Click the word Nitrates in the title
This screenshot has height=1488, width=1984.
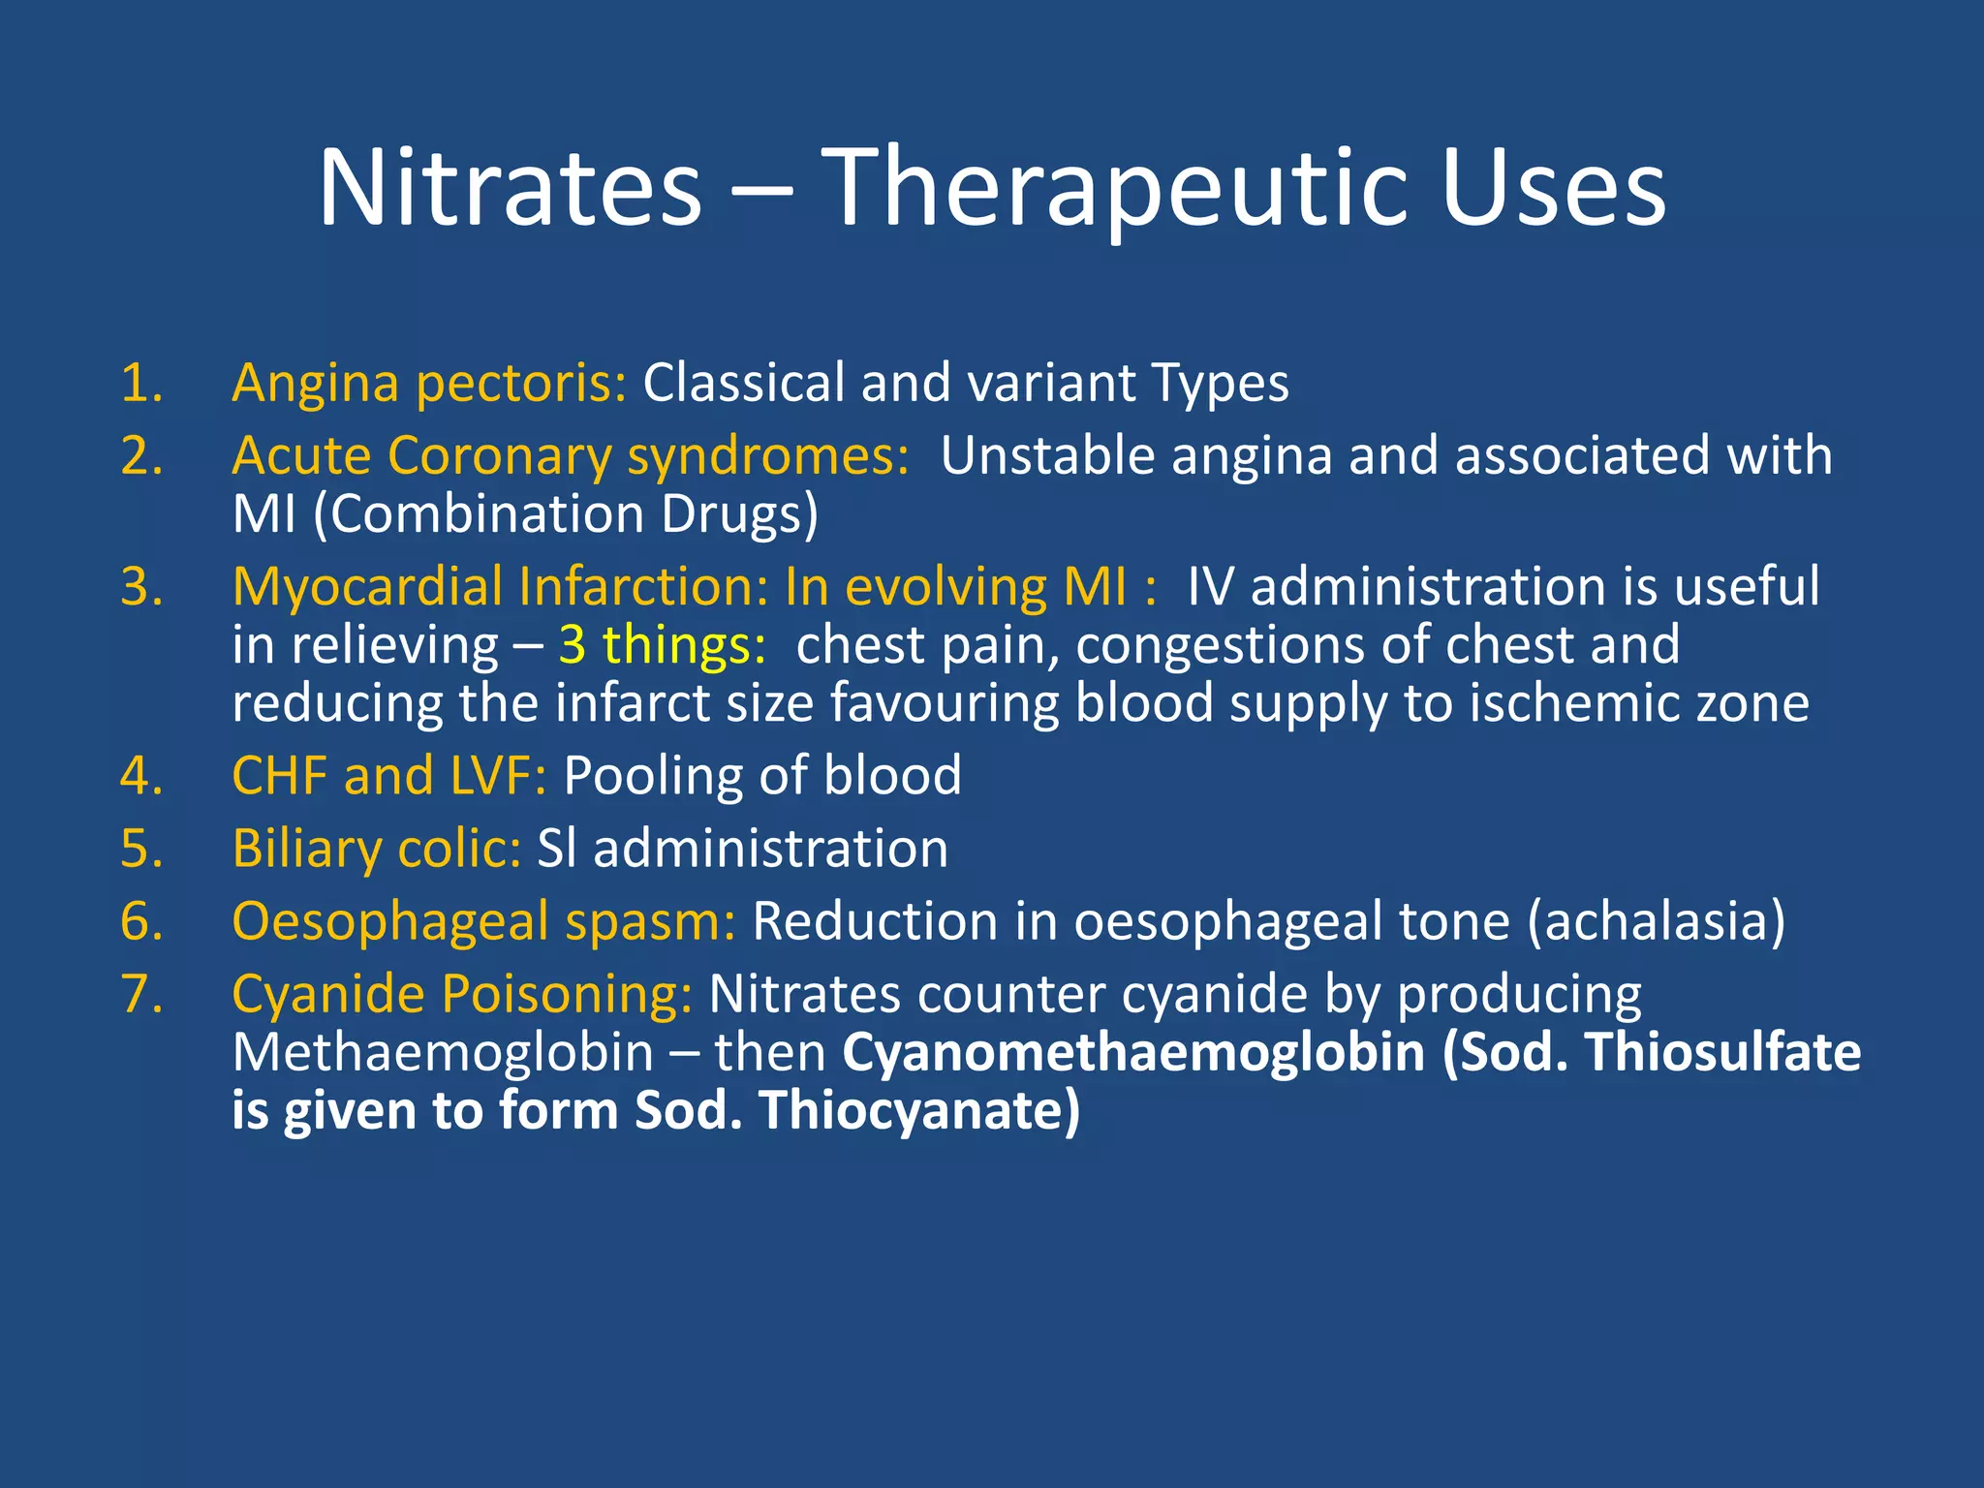pos(510,188)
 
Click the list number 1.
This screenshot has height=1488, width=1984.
pos(140,383)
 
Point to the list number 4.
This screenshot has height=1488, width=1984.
pos(140,776)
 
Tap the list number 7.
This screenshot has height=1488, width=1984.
pos(140,994)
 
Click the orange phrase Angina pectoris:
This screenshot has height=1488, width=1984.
pos(429,383)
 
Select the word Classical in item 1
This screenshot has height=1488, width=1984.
pos(743,383)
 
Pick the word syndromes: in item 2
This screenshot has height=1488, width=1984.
pos(768,455)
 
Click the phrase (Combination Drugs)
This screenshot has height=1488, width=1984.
pos(566,513)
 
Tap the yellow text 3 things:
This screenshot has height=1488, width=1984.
pos(663,645)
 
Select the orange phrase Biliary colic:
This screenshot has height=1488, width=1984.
pos(377,849)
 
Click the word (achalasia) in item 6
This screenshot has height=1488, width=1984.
pos(1656,921)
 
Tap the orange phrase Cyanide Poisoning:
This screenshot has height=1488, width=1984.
pos(462,994)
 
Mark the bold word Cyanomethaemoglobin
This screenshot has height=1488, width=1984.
pos(1133,1052)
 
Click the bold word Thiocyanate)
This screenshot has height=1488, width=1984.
pos(919,1110)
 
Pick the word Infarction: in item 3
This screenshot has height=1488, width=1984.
pos(643,587)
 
